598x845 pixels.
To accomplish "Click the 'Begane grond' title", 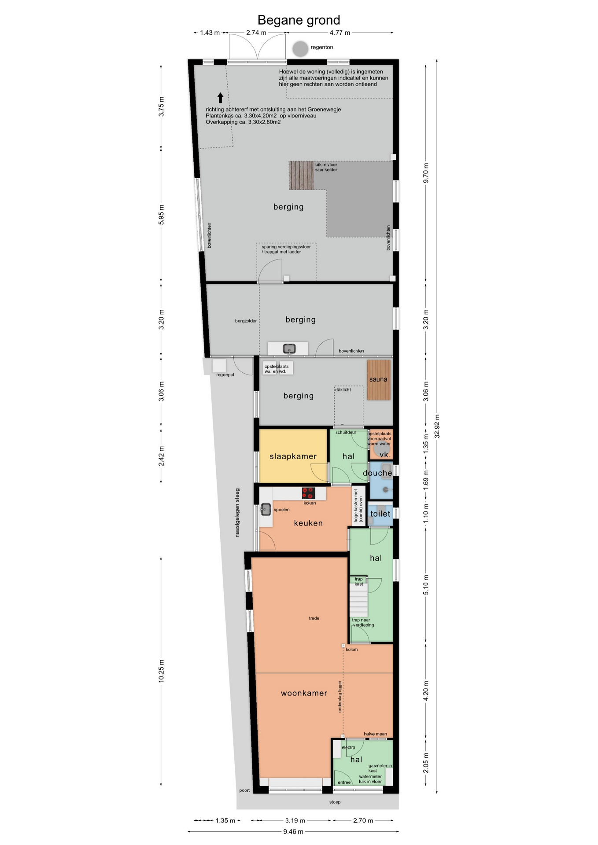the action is [299, 20].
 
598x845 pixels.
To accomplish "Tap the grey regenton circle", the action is [300, 48].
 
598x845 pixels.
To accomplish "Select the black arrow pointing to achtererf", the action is [220, 98].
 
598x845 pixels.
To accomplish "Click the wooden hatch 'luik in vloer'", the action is [301, 175].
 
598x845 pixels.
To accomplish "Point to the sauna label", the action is [378, 379].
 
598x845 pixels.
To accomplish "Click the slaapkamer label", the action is [293, 456].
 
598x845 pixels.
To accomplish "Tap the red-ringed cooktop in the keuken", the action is [309, 492].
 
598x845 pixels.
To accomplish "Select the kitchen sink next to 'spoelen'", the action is [266, 509].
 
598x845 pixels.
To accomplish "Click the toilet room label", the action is [380, 514].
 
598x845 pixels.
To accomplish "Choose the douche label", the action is [377, 473].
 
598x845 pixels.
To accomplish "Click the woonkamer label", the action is [304, 693].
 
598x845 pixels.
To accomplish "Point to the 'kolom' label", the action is [351, 650].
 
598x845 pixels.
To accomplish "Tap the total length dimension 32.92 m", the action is [437, 426].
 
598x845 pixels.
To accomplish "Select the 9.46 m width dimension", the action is [293, 832].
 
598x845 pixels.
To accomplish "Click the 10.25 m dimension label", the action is [161, 671].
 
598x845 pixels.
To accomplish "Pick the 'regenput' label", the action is [225, 375].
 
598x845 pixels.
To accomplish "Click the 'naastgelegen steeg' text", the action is [237, 512].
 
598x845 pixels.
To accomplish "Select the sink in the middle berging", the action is [289, 349].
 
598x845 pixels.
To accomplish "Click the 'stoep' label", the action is [335, 802].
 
